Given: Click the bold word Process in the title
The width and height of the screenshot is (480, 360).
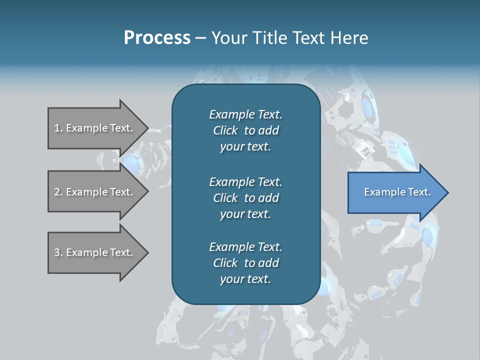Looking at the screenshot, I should (157, 37).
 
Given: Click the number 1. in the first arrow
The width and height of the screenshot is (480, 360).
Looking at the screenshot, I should (58, 128).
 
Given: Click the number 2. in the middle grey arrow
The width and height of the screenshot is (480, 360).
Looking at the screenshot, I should (58, 192).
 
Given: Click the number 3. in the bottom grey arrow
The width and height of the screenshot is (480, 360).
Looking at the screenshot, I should (58, 252).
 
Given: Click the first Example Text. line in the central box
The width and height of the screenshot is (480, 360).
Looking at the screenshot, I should (245, 114).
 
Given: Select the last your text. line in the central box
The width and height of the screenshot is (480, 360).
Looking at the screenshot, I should (245, 279).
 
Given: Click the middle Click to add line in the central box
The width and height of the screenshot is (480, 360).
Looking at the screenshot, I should (245, 198).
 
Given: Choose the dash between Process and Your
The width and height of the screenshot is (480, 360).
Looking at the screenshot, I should (200, 38).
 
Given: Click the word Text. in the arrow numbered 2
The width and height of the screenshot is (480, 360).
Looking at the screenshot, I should (121, 192).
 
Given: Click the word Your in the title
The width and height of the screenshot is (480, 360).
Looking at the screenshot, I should (229, 37).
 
